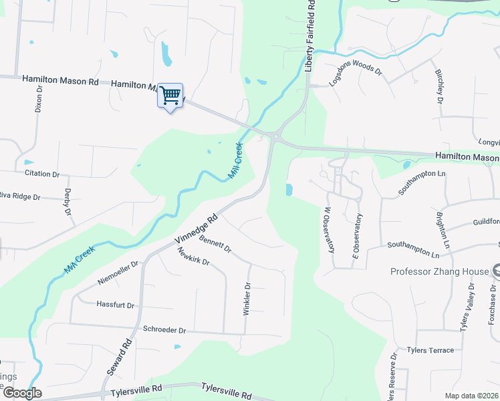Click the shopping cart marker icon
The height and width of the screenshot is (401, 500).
point(170,96)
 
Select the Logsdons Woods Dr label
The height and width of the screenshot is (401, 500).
point(355,76)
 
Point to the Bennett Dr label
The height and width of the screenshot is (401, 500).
point(215,243)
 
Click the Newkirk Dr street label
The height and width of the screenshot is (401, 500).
point(194,257)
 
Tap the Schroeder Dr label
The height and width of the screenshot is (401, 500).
point(164,330)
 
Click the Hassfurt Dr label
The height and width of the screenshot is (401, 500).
point(116,305)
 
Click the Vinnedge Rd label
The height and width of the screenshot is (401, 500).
point(197,229)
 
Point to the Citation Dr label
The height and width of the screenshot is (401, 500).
point(42,174)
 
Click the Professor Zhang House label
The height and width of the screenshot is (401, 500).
point(439,271)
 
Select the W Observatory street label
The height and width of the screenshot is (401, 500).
point(328,230)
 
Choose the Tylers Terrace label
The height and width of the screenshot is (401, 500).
point(430,350)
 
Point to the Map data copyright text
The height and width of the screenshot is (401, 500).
point(471,396)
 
